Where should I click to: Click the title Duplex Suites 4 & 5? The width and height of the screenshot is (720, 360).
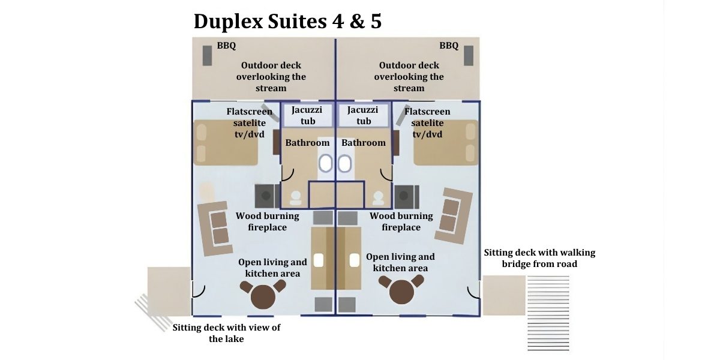(287, 21)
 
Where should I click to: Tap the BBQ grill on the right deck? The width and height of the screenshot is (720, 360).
(469, 55)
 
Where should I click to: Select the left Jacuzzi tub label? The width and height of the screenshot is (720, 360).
(307, 115)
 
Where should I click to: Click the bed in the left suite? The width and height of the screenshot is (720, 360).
(226, 143)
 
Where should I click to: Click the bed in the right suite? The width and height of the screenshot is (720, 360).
(446, 143)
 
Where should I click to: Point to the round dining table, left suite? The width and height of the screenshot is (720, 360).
(263, 295)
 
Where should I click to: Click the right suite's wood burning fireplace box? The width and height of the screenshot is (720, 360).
(407, 196)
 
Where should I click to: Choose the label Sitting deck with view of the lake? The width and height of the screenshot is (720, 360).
(226, 333)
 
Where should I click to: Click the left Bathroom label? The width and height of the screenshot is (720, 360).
(307, 143)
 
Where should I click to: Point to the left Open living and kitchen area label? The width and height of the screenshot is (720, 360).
(273, 268)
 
